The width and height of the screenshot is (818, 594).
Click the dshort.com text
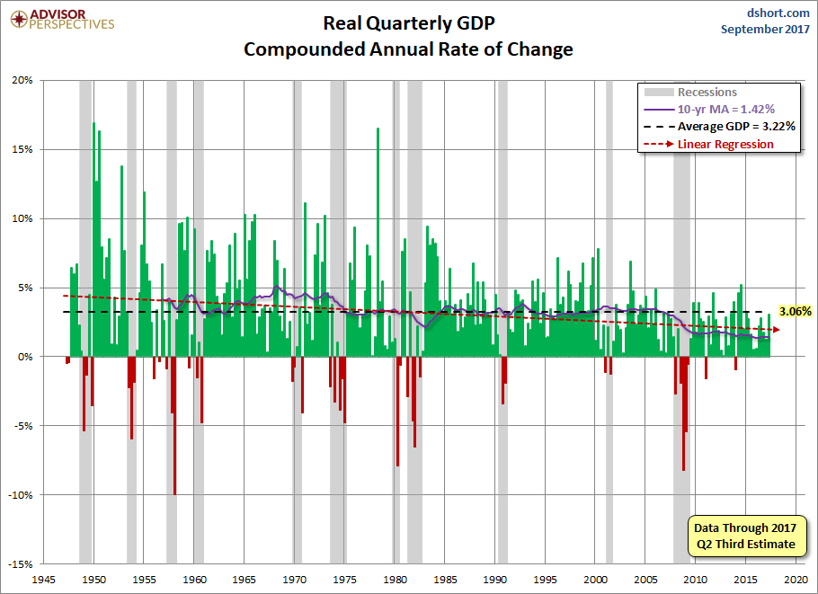(x=773, y=13)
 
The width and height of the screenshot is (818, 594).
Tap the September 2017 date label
(x=765, y=29)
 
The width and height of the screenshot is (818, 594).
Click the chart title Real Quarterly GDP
(x=408, y=24)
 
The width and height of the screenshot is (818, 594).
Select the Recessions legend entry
(x=707, y=92)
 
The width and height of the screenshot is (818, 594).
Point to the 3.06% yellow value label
(x=796, y=311)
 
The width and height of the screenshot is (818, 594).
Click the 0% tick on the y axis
(x=25, y=357)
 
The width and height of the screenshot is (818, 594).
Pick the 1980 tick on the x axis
(x=396, y=580)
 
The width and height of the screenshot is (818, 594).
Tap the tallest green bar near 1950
(x=93, y=239)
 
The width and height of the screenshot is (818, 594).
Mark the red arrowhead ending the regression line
(x=776, y=330)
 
